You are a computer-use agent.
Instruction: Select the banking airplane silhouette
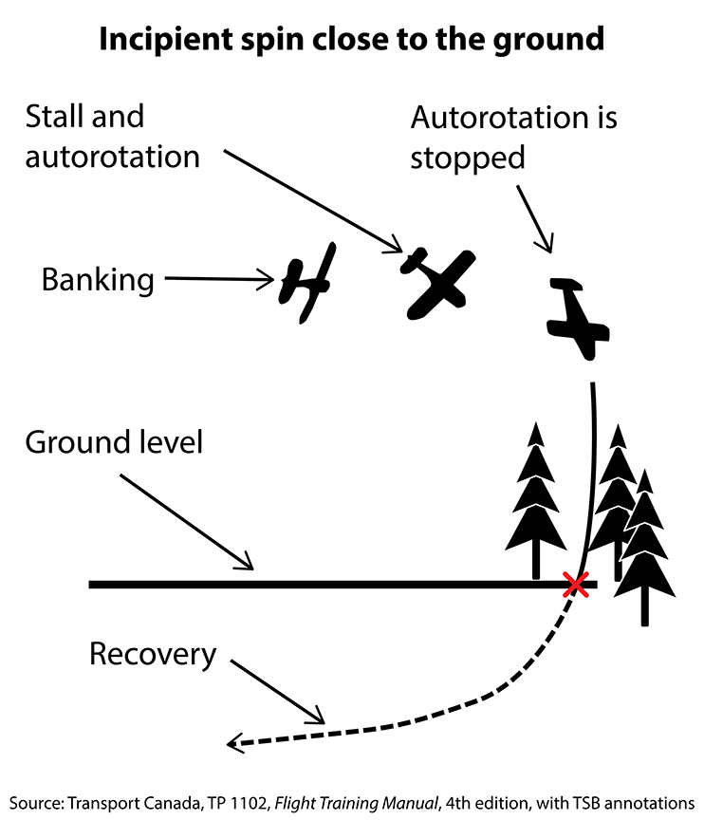pos(307,283)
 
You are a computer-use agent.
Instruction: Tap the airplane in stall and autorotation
pos(437,281)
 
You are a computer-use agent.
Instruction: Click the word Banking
pos(97,280)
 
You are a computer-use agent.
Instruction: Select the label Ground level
pos(114,442)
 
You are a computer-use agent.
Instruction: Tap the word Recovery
pos(153,654)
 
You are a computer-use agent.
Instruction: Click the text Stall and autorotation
pos(112,137)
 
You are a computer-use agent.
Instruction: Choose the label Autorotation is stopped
pos(513,138)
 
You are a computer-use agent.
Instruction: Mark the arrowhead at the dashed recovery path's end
pos(235,745)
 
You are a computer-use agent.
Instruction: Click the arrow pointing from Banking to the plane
pos(218,279)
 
